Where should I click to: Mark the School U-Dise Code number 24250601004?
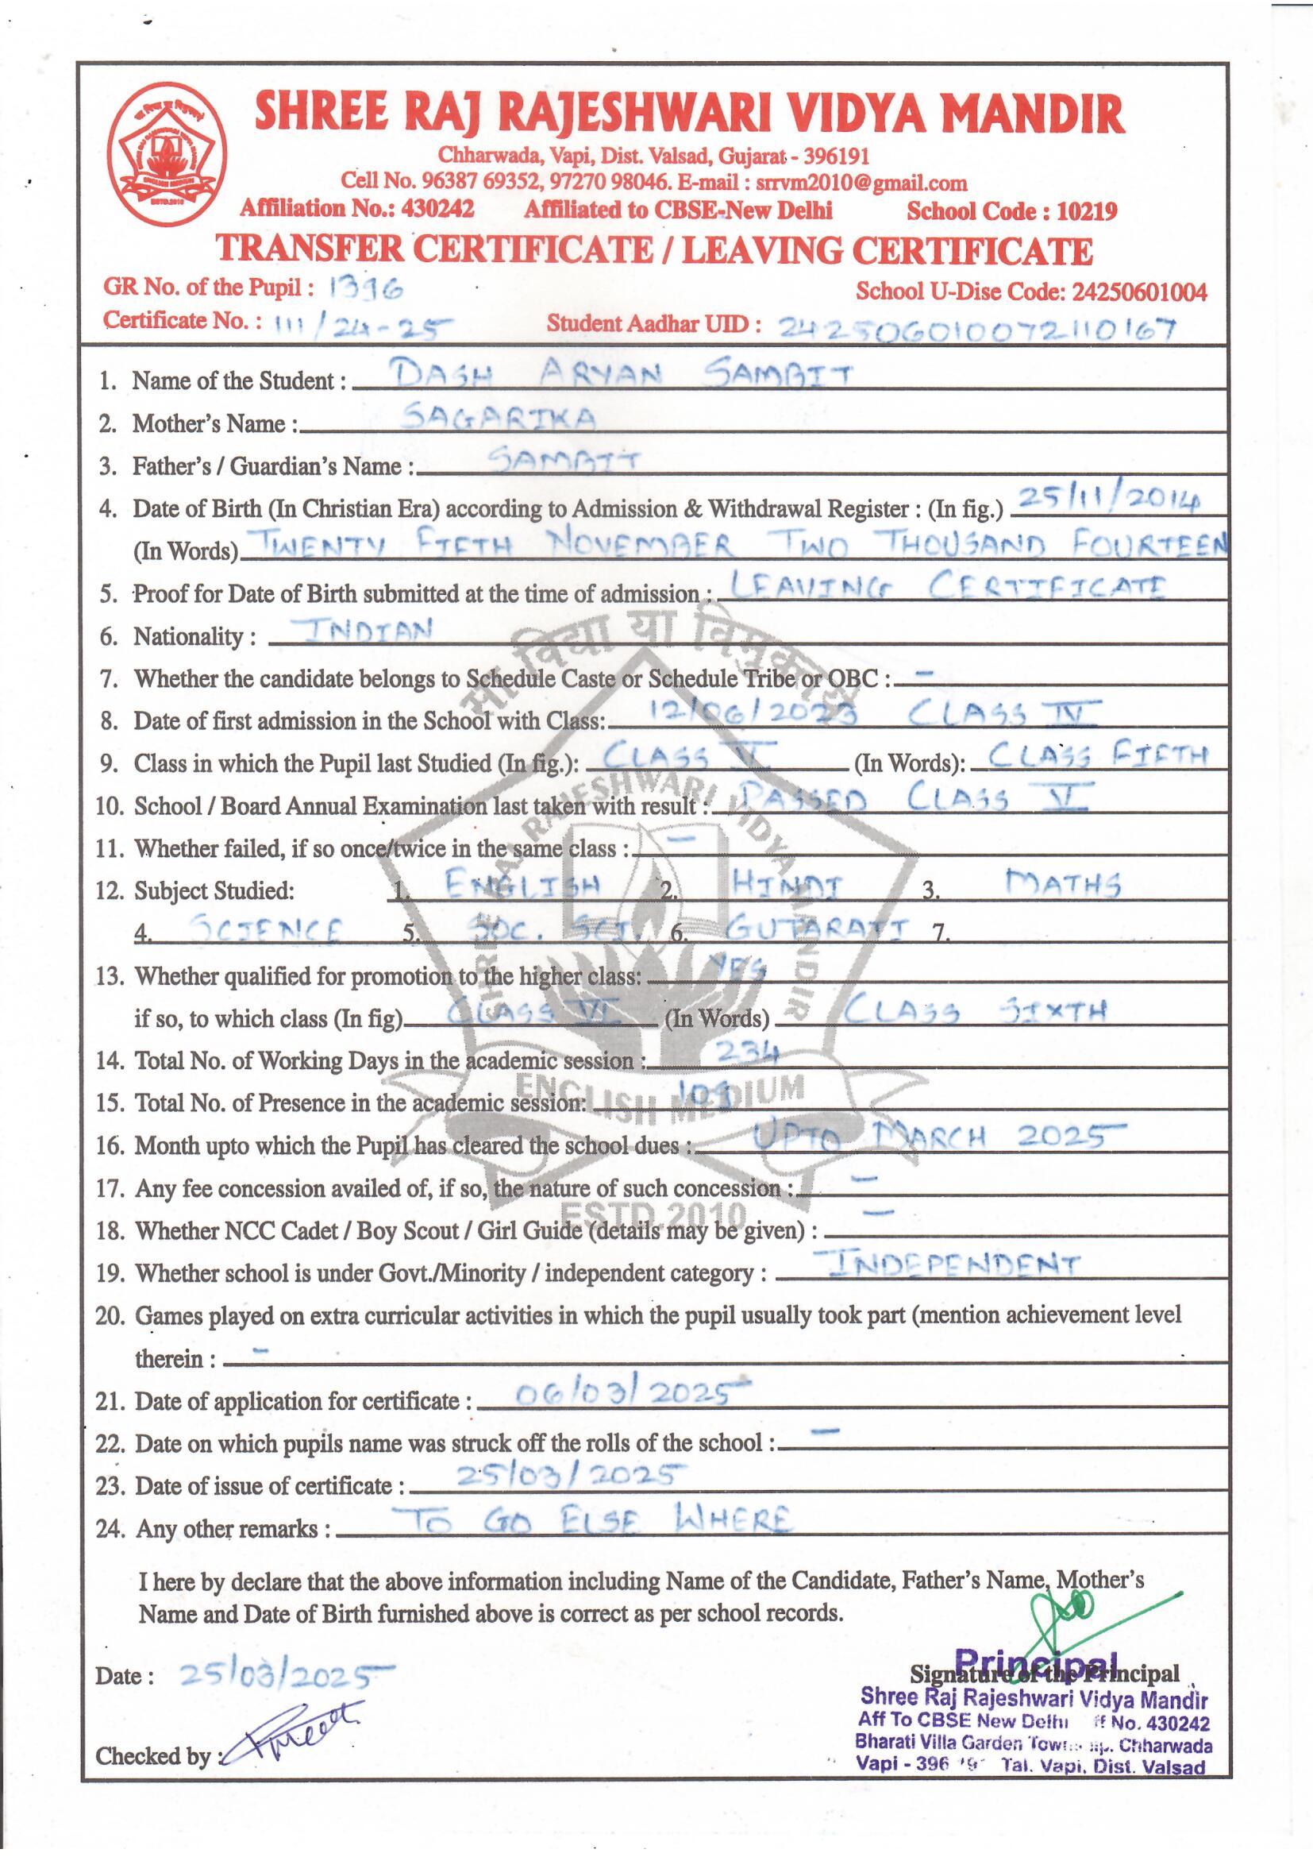(1139, 292)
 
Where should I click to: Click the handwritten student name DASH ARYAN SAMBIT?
(614, 374)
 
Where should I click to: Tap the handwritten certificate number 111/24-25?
(363, 325)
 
